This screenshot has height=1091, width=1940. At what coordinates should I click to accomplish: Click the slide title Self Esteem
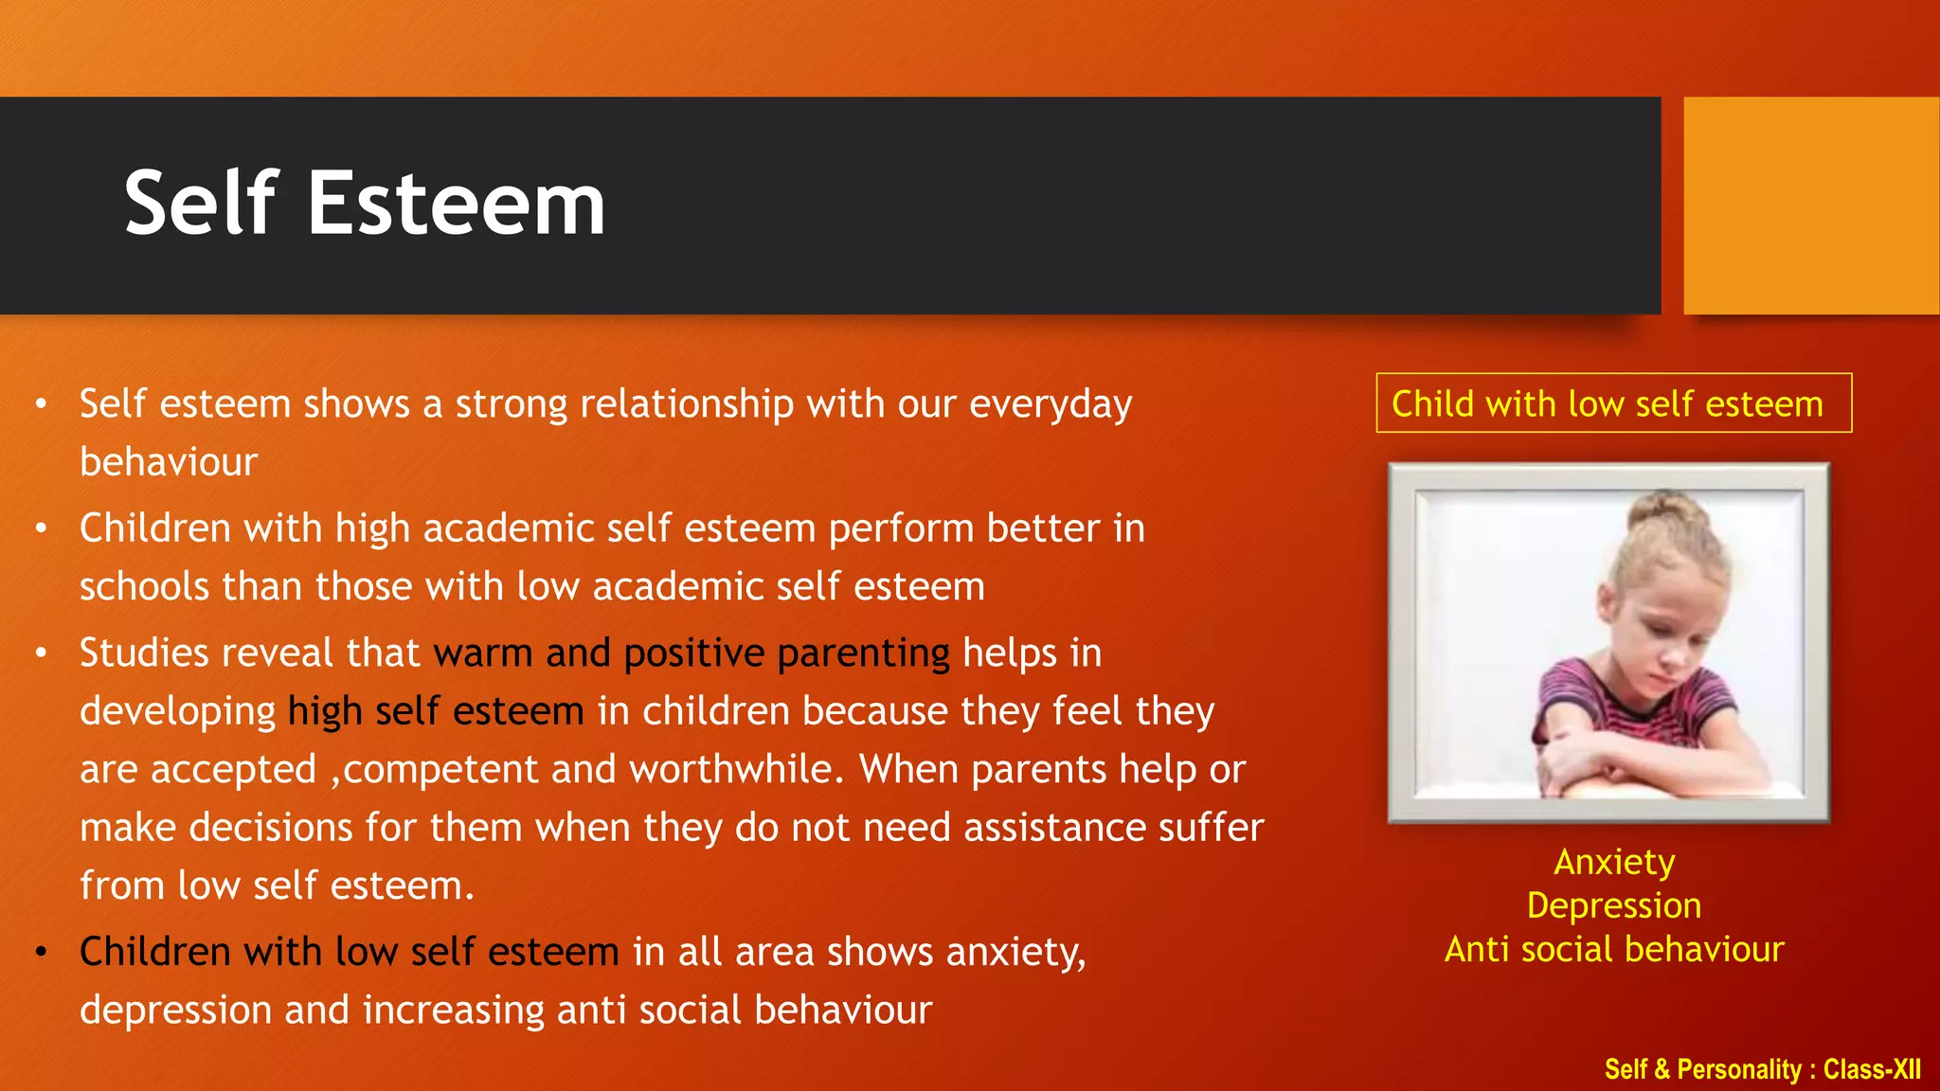point(365,204)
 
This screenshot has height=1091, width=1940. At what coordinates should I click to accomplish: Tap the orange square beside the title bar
point(1810,206)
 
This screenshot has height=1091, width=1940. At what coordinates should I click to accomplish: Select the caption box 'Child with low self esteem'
point(1613,403)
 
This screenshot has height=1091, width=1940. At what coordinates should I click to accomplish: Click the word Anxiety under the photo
point(1614,862)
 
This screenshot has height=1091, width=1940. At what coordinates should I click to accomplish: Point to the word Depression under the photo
point(1614,905)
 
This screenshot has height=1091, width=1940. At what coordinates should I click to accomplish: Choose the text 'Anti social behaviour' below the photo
point(1614,949)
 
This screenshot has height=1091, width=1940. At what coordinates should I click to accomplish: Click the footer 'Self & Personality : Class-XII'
point(1762,1069)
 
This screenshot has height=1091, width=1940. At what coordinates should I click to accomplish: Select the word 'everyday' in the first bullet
point(1051,404)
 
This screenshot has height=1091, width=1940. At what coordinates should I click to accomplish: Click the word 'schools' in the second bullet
point(144,586)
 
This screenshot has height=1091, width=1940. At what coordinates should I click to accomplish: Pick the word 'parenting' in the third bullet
point(863,653)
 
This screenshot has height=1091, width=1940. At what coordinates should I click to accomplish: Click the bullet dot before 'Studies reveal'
point(41,653)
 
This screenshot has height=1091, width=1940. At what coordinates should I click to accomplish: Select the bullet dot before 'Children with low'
point(41,952)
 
